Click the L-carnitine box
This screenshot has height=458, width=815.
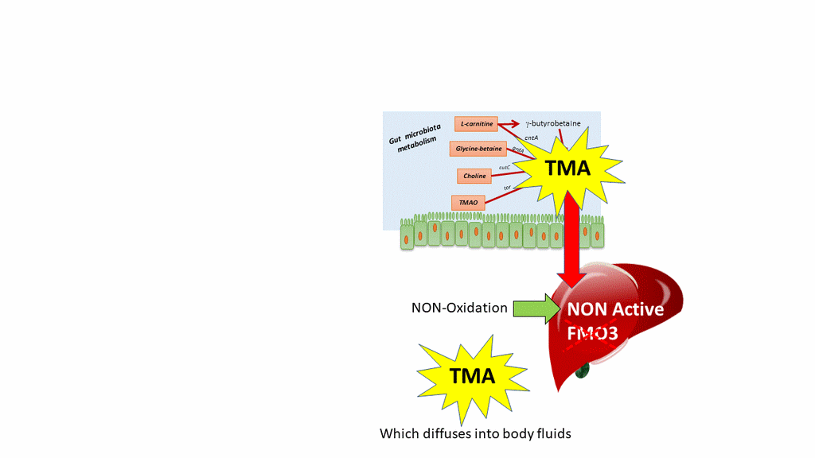coord(476,124)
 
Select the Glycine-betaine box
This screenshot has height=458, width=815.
coord(478,149)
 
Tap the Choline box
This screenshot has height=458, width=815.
coord(474,176)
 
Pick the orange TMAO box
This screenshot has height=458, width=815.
coord(468,203)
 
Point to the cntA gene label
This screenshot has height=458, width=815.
coord(531,138)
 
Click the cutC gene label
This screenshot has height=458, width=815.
coord(504,168)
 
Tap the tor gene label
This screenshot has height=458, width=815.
coord(507,188)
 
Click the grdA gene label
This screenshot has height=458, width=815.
coord(517,149)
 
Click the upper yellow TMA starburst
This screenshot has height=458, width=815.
coord(567,168)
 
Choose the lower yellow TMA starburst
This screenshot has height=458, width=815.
coord(473,376)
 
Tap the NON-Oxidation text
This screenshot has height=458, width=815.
coord(459,308)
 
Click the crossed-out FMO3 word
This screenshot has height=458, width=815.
coord(592,334)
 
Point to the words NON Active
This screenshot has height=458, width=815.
coord(614,309)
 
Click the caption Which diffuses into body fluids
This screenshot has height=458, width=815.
coord(475,434)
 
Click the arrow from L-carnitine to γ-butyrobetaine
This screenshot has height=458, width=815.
coord(509,124)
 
